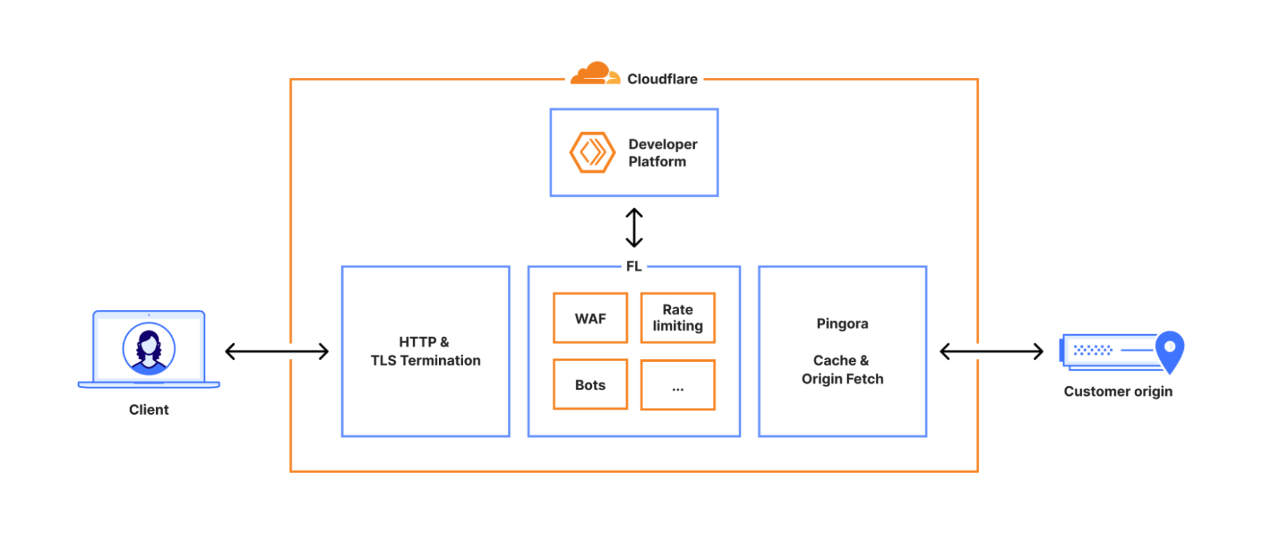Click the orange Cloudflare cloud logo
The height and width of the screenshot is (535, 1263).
pos(593,74)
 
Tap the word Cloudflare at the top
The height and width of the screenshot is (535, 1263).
pos(662,79)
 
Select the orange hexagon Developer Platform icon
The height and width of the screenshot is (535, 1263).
pos(592,152)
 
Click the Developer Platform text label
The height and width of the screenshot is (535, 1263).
pos(662,153)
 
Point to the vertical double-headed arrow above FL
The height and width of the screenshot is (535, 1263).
pos(634,228)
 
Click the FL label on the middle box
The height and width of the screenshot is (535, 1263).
pos(634,267)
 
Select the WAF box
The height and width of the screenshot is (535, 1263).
pos(590,318)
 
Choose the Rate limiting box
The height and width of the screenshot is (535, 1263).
pos(677,318)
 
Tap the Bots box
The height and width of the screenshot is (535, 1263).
pos(590,384)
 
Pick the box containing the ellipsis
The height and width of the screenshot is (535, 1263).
pos(677,385)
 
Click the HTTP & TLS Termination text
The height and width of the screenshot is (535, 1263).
pos(425,352)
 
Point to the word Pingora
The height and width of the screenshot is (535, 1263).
pos(842,324)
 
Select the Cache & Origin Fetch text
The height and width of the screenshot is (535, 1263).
pos(842,370)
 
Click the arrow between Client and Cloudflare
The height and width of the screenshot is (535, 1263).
pos(277,352)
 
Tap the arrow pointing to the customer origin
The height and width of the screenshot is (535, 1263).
pos(991,352)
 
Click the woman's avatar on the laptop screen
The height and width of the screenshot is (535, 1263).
pos(148,348)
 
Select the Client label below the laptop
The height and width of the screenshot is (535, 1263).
pos(148,410)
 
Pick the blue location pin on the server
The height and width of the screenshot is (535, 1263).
pos(1169,350)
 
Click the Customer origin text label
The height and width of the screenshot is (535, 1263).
pos(1118,391)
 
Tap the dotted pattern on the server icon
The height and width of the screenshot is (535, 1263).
pos(1092,350)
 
